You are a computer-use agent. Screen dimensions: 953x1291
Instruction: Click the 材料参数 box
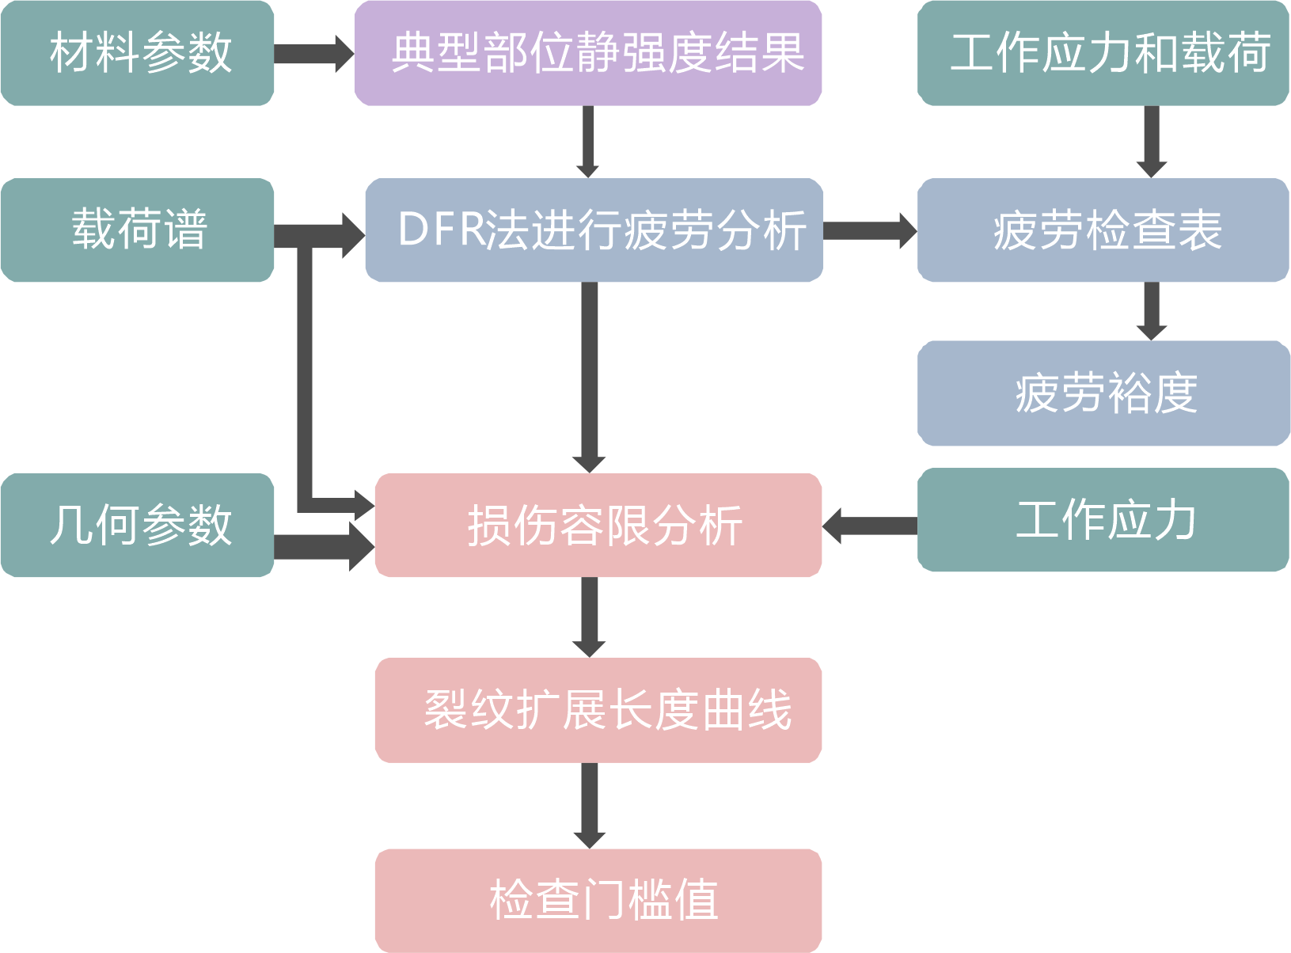[138, 53]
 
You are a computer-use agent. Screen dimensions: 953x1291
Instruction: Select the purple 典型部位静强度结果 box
[587, 53]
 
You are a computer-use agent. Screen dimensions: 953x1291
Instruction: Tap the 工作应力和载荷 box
[1103, 53]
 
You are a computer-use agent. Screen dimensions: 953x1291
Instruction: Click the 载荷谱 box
[138, 230]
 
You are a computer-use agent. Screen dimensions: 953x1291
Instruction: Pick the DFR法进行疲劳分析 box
[594, 230]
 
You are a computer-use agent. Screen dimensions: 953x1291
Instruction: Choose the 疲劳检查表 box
[1103, 230]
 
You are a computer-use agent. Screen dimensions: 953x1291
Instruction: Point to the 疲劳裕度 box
[1103, 393]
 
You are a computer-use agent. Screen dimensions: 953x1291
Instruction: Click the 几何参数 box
[138, 525]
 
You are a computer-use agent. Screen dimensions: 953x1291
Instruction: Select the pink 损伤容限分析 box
[598, 525]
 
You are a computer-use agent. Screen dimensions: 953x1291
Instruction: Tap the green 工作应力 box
[1103, 520]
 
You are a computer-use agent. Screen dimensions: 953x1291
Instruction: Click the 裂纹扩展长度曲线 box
[598, 710]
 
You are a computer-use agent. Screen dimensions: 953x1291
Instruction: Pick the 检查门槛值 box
[598, 901]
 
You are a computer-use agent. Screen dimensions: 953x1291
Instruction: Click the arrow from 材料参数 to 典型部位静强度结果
[313, 53]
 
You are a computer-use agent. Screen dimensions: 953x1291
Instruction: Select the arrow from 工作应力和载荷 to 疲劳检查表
[1152, 142]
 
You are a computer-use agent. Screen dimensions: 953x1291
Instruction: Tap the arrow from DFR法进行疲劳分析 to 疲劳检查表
[869, 230]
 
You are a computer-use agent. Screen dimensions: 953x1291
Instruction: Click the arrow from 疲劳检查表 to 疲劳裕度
[1152, 310]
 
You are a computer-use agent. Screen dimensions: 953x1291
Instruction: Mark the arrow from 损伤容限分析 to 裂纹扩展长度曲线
[589, 617]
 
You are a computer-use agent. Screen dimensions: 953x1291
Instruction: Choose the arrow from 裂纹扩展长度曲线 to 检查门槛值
[589, 805]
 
